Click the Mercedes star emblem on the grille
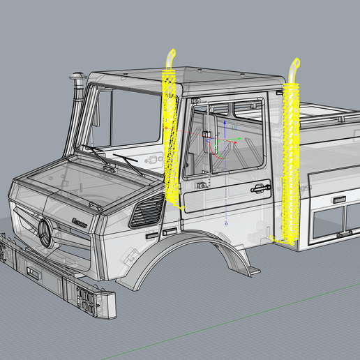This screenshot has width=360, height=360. [46, 233]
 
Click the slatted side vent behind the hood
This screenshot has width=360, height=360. [147, 211]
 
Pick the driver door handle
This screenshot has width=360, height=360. [257, 187]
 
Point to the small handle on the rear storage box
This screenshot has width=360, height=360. [339, 200]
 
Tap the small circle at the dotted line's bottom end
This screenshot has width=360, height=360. [227, 224]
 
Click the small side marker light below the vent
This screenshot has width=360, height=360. [169, 230]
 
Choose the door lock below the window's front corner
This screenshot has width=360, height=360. [202, 185]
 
